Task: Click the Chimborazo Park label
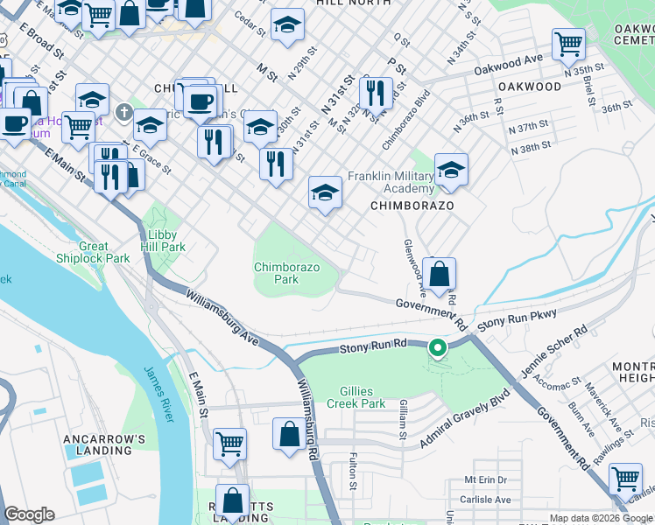(x=287, y=273)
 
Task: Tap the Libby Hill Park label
(x=161, y=241)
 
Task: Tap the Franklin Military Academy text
(x=391, y=182)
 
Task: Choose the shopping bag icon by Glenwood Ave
(x=440, y=273)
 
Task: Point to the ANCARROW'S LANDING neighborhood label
(x=97, y=444)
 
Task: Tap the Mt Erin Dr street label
(x=486, y=480)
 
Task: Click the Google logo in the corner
(x=29, y=514)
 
